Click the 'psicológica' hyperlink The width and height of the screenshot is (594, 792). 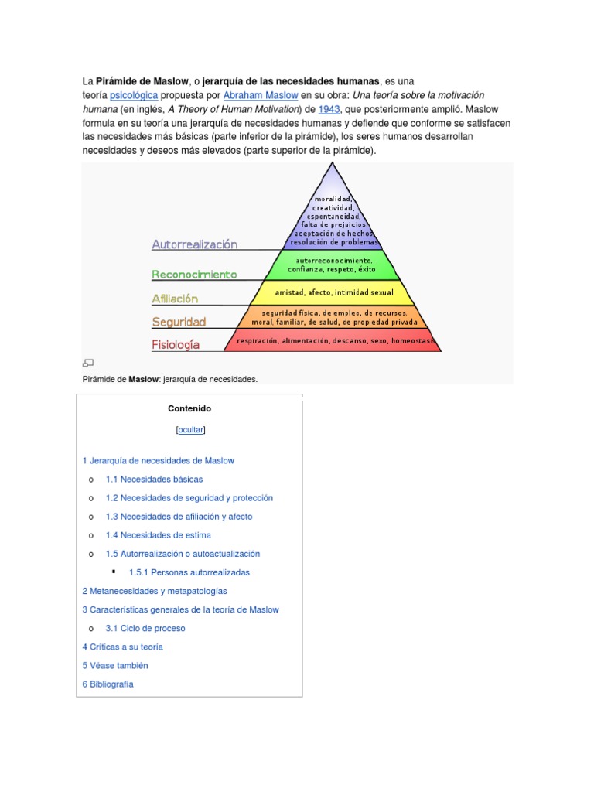point(134,95)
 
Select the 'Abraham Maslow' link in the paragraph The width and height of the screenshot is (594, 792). point(260,95)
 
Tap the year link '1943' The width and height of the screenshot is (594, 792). point(329,109)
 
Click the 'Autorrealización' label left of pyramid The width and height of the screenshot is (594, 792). point(194,244)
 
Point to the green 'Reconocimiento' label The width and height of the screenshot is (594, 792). point(194,275)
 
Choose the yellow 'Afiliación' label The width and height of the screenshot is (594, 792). point(175,299)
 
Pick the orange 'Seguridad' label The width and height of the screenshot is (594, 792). point(179,322)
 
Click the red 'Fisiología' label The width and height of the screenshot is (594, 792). point(176,344)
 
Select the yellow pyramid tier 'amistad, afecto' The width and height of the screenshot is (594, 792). point(333,292)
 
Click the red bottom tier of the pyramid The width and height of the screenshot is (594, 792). point(333,340)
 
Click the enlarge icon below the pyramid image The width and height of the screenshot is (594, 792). point(88,363)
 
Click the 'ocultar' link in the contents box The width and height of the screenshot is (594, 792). point(189,429)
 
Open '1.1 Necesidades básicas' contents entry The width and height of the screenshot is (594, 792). point(154,480)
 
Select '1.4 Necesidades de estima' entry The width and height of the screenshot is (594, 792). point(158,535)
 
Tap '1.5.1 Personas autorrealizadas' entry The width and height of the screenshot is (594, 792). point(189,572)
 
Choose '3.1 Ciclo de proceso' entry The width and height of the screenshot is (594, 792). point(145,629)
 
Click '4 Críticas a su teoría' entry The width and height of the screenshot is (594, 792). point(122,647)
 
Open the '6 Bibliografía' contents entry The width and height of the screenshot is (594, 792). point(108,684)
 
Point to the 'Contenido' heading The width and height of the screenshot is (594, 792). point(189,408)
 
